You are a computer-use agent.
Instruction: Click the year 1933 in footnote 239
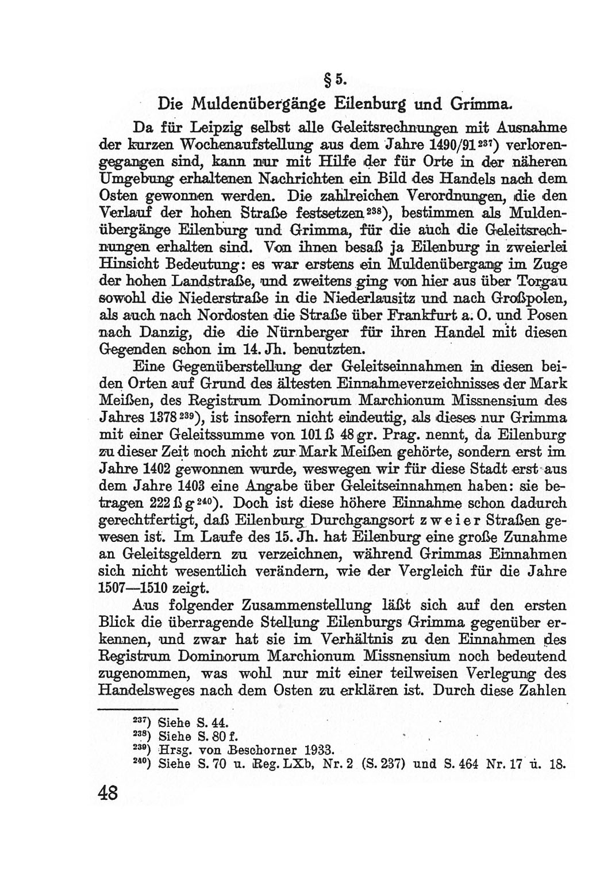[321, 750]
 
